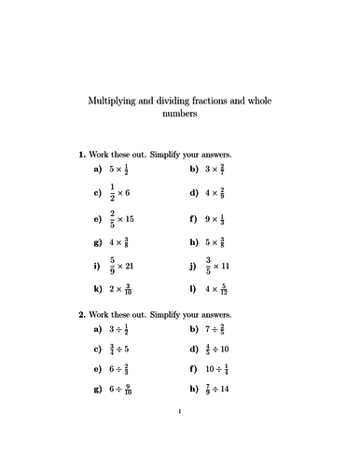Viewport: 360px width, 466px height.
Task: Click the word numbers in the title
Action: pyautogui.click(x=180, y=116)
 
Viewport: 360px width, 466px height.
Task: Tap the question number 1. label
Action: pyautogui.click(x=83, y=154)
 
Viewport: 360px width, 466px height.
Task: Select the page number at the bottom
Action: pyautogui.click(x=180, y=434)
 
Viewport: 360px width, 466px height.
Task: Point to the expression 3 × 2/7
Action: pyautogui.click(x=219, y=171)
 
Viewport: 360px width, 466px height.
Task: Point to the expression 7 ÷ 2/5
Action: pyautogui.click(x=219, y=330)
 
